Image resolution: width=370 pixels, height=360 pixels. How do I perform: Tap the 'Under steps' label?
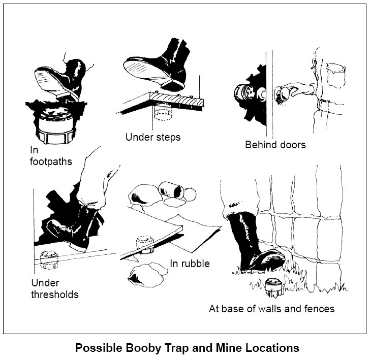(152, 137)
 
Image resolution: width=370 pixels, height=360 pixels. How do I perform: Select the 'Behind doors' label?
(275, 145)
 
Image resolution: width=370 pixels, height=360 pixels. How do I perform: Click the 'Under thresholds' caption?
(55, 288)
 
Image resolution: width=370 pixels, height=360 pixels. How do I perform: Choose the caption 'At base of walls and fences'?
(271, 308)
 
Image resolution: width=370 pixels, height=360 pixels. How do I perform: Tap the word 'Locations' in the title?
(271, 348)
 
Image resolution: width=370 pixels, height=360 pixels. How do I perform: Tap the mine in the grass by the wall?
(274, 288)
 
